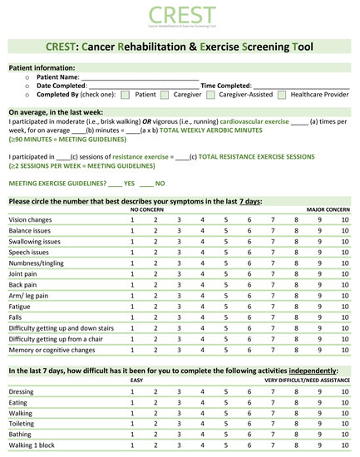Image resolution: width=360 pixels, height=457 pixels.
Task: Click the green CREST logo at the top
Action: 180,17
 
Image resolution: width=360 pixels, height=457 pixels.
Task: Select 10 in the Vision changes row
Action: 345,219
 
